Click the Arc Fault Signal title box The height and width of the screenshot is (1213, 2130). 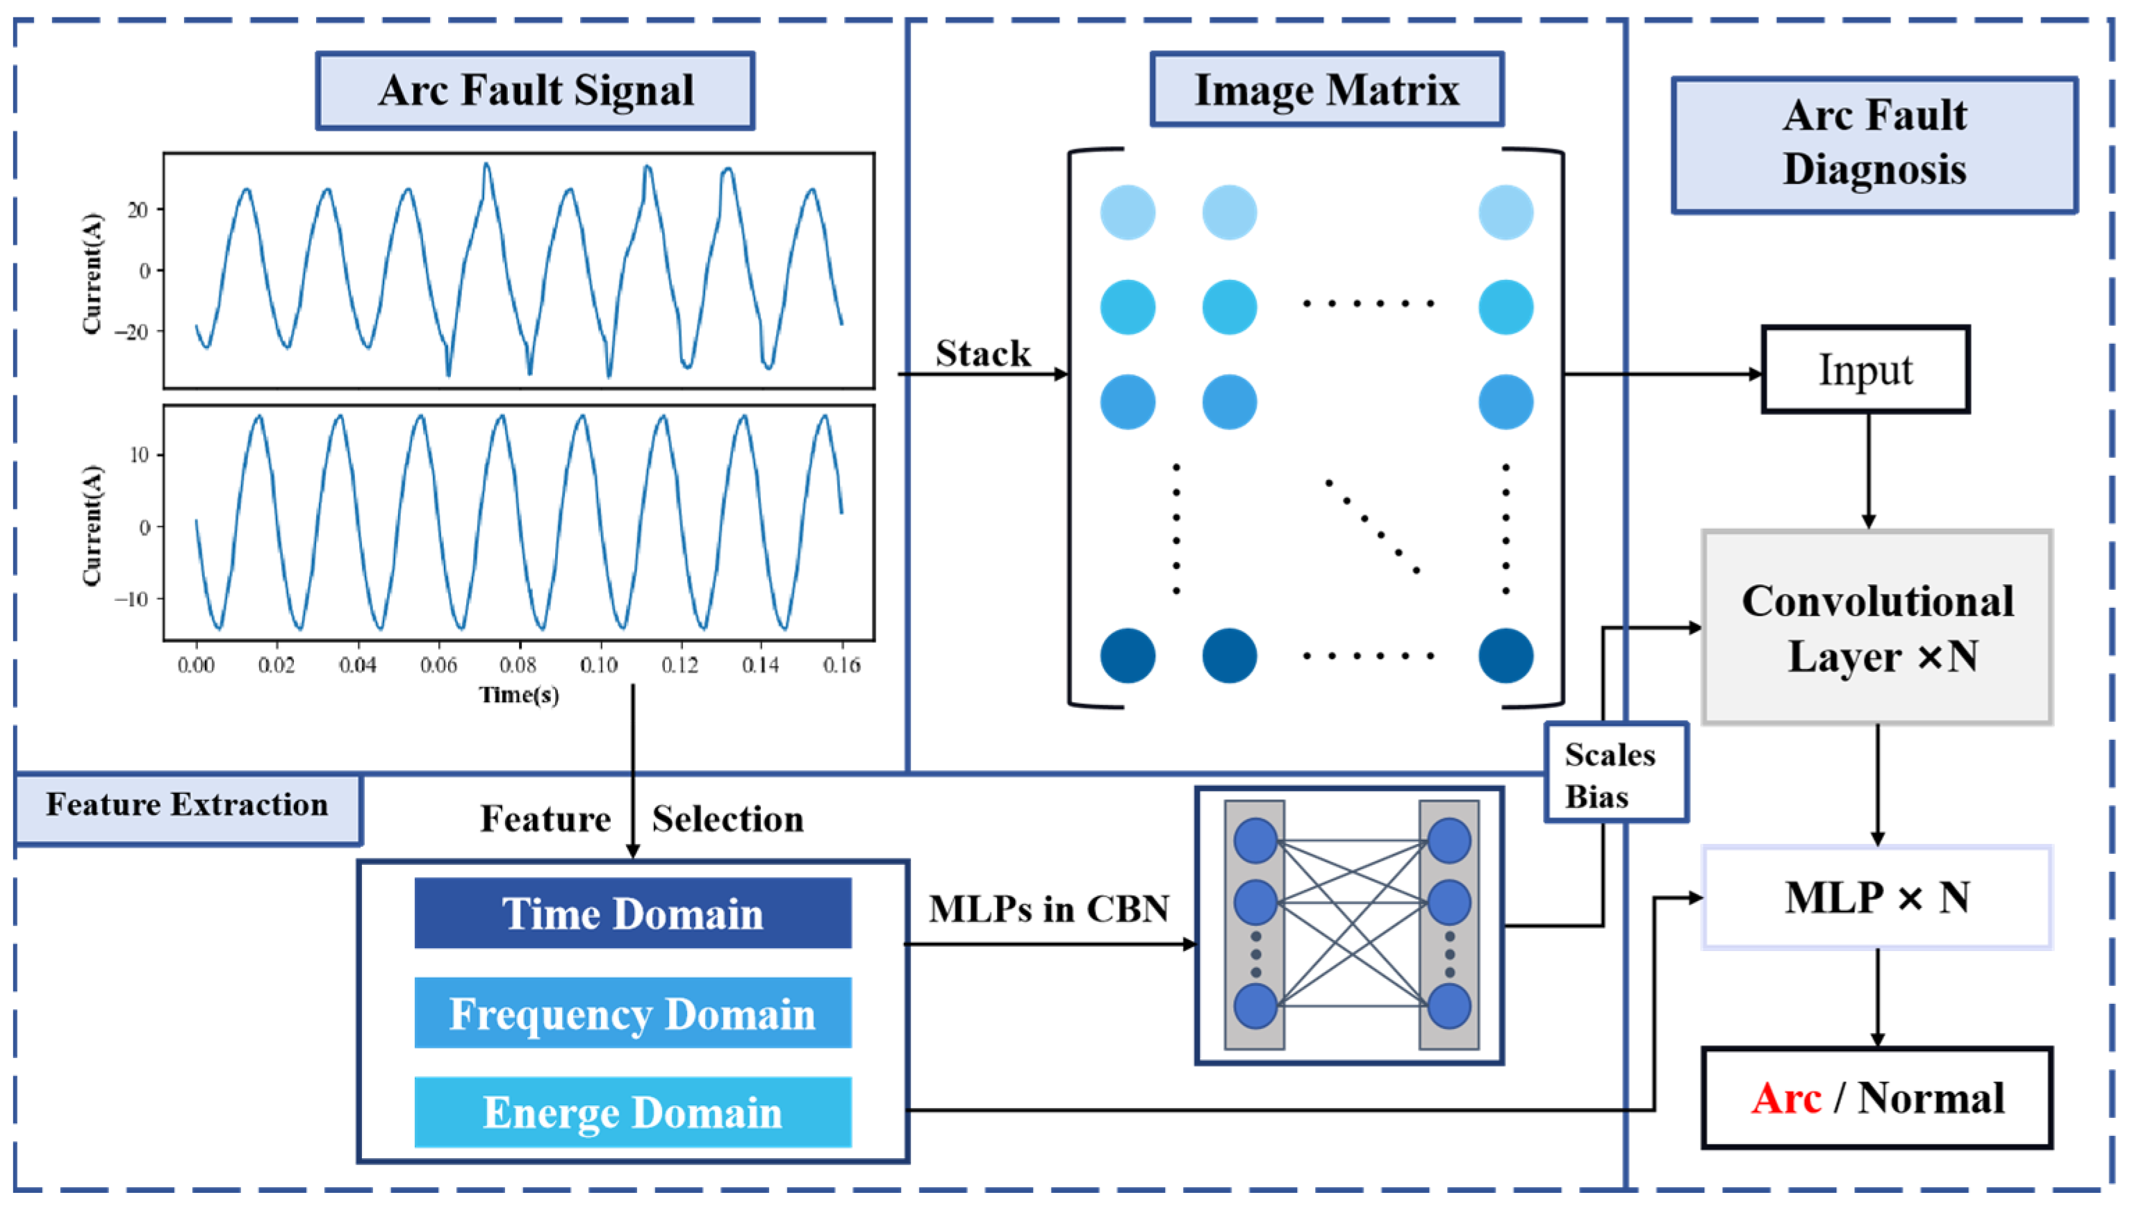(x=535, y=91)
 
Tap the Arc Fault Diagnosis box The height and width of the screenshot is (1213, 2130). (x=1874, y=144)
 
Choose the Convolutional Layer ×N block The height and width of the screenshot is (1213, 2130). (x=1876, y=627)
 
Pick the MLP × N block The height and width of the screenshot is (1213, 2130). (x=1876, y=898)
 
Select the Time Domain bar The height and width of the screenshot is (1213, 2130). (x=632, y=913)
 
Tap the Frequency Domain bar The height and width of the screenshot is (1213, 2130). (x=632, y=1013)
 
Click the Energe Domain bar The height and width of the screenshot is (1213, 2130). (x=632, y=1112)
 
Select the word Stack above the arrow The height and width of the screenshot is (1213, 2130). (x=982, y=353)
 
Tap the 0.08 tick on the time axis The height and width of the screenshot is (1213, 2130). (x=518, y=665)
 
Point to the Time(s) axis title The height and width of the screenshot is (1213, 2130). (x=518, y=694)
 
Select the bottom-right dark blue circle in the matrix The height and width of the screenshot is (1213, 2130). (x=1505, y=656)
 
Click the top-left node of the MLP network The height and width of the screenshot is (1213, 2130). (x=1255, y=840)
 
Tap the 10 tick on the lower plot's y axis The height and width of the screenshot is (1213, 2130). (x=139, y=455)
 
